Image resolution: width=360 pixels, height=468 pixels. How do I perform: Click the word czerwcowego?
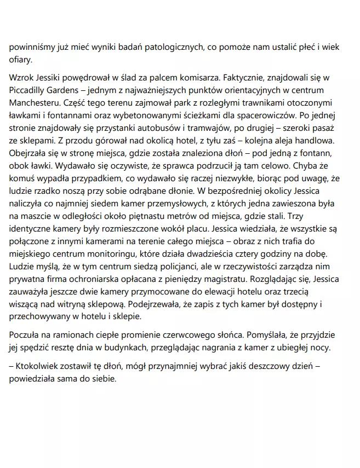185,333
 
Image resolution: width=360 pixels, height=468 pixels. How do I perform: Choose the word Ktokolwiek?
39,364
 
